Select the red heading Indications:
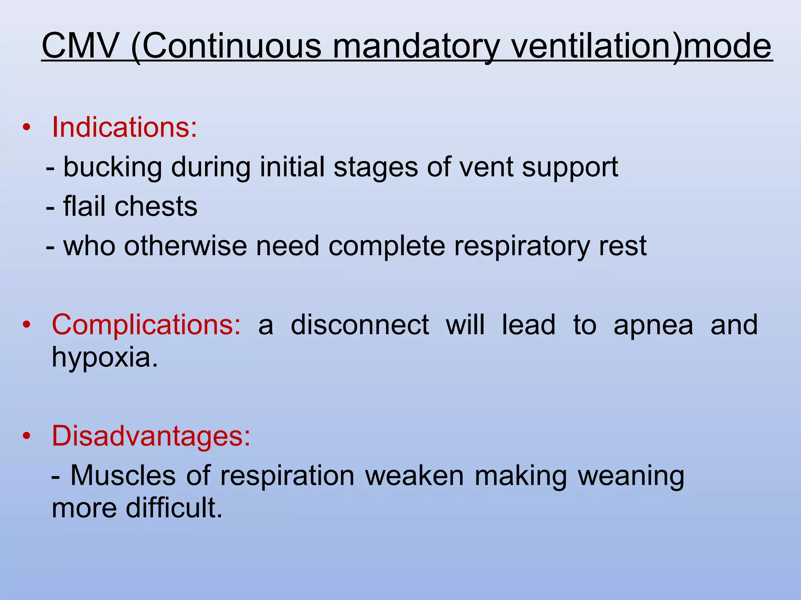point(124,127)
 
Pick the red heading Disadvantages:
point(151,436)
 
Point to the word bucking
point(113,167)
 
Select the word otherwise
point(185,246)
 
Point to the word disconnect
point(360,325)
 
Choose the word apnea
point(653,325)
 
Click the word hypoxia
point(105,357)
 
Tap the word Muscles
point(123,476)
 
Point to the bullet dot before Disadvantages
point(26,436)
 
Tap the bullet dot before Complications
point(26,325)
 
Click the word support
point(570,167)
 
